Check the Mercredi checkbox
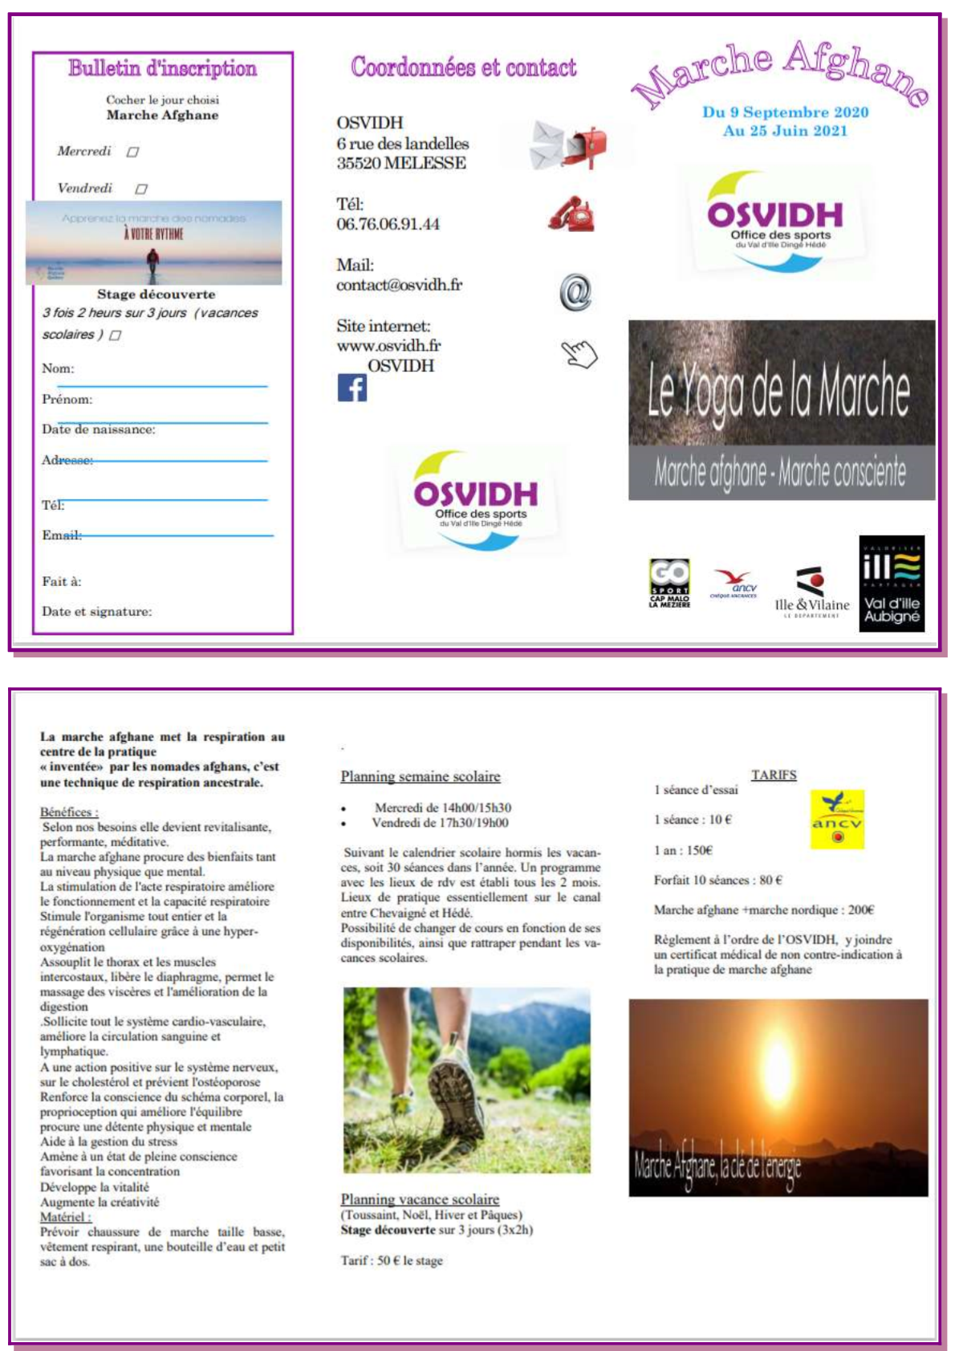coord(133,152)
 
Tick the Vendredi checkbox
coord(141,189)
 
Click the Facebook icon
coord(352,388)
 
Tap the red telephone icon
coord(571,214)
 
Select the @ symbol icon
coord(575,292)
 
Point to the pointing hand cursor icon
coord(579,353)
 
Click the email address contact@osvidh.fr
coord(399,285)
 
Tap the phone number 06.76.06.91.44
coord(388,224)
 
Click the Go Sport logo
coord(669,583)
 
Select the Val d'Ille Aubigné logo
coord(892,584)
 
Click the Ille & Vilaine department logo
coord(812,592)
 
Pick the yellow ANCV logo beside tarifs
coord(837,820)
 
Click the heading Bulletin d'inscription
coord(163,68)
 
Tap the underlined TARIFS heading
coord(774,775)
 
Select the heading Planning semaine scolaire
coord(421,776)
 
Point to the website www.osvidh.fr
coord(388,346)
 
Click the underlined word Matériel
coord(65,1217)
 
